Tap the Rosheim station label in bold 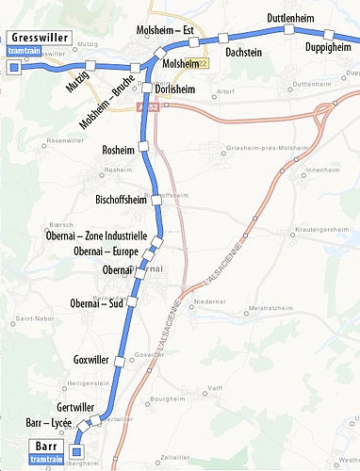[x=118, y=150]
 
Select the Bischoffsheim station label [x=109, y=200]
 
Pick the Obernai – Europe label [x=106, y=252]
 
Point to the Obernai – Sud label [x=98, y=303]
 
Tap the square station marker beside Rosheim [x=144, y=145]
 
